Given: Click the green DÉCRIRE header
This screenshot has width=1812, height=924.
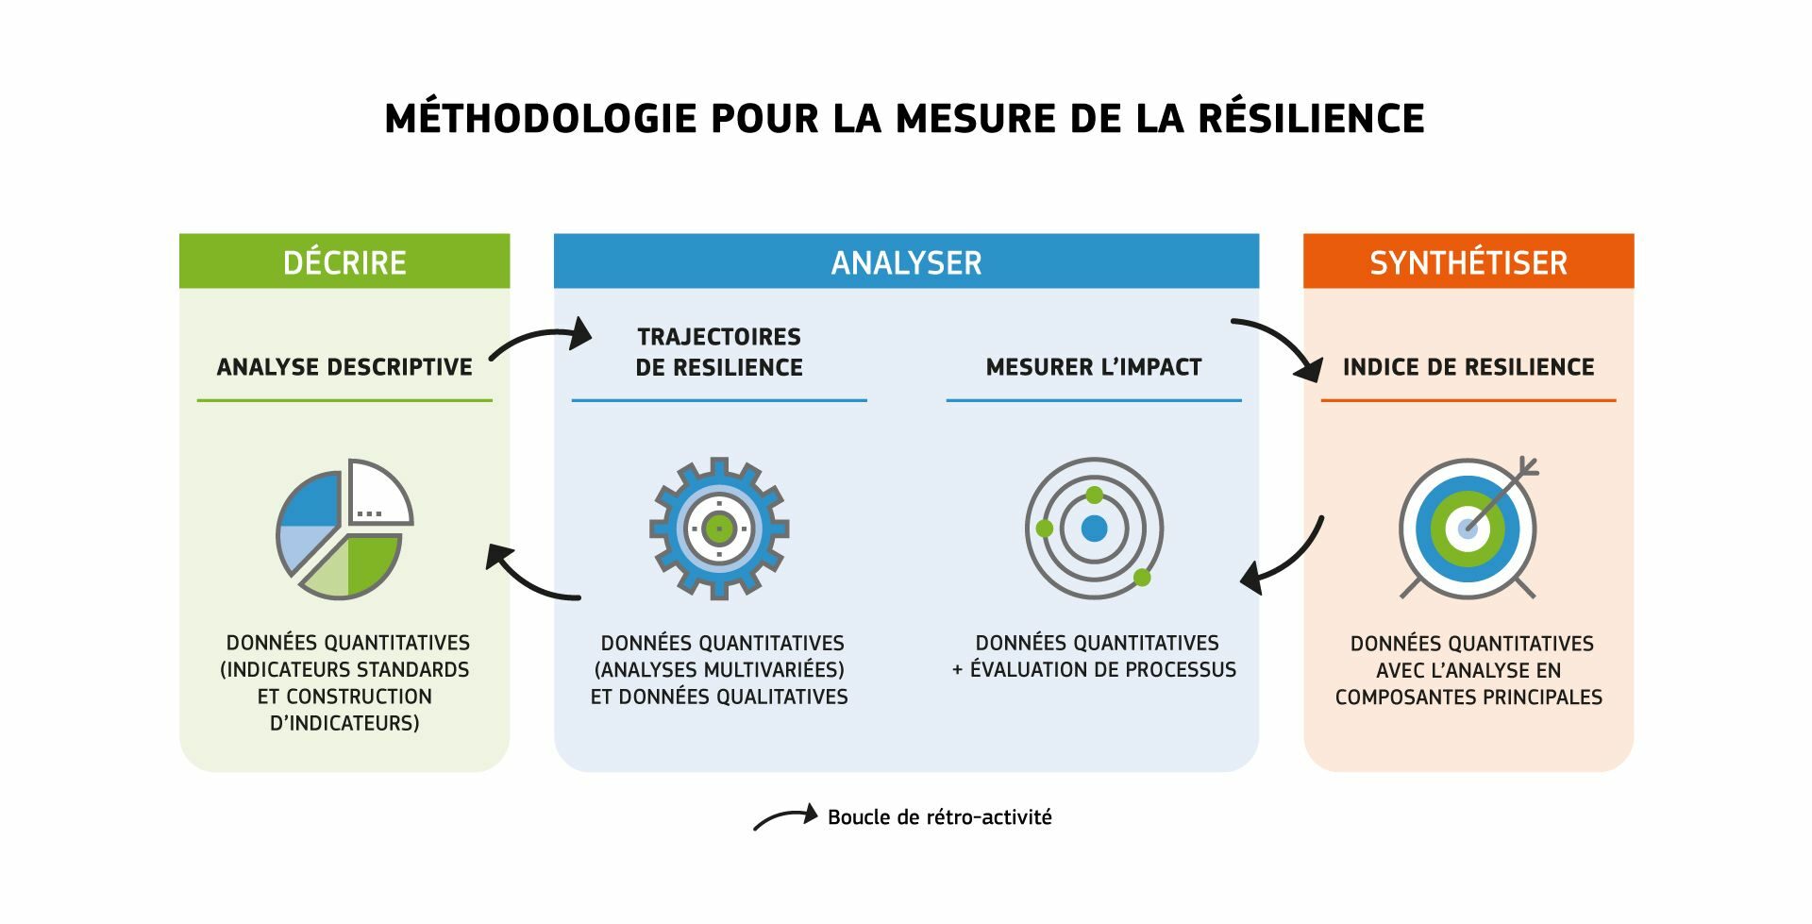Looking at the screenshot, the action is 344,261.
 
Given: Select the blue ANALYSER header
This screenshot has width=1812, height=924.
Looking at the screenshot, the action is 906,261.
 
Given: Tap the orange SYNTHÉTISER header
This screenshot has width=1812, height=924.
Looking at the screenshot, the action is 1468,261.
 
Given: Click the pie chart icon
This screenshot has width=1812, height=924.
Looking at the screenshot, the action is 344,529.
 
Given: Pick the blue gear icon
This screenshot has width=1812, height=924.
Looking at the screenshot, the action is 719,529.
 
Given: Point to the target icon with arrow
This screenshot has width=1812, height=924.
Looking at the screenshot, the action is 1468,529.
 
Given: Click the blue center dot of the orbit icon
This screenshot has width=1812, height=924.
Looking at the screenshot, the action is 1094,529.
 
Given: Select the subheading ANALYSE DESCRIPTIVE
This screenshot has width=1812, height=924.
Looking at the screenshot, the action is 344,367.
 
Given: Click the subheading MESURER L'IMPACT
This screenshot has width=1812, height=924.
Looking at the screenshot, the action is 1094,367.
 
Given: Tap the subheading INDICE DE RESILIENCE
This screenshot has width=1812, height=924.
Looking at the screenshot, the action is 1468,367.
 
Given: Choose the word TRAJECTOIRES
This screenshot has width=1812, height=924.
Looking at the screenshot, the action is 719,337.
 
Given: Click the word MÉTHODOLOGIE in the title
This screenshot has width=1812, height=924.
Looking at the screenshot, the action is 541,118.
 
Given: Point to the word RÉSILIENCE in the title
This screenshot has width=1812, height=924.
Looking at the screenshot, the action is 1312,118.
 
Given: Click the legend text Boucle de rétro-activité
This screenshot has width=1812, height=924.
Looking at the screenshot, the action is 940,817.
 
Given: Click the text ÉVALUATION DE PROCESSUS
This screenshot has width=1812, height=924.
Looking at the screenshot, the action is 1103,670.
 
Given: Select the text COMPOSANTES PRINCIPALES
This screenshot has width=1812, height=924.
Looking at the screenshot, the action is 1468,697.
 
